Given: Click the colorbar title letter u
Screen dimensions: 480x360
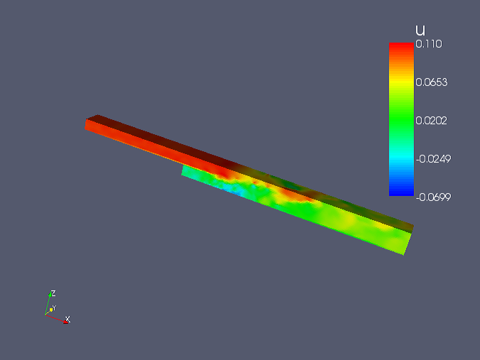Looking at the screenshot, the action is pos(420,31).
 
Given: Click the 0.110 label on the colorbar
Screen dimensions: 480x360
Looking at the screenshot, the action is pos(429,44).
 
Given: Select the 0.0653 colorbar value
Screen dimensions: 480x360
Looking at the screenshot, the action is pos(431,82).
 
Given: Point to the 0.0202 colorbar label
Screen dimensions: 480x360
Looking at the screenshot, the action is pos(431,121).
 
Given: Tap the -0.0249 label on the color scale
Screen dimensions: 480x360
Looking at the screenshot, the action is pos(433,159).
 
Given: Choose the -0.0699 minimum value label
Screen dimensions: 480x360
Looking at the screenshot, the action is pos(433,197).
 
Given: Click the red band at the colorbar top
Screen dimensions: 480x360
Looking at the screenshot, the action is pos(401,47).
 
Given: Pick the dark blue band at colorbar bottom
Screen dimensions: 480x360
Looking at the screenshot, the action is pos(401,191).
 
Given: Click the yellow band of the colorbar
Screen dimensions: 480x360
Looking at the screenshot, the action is pos(401,82).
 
